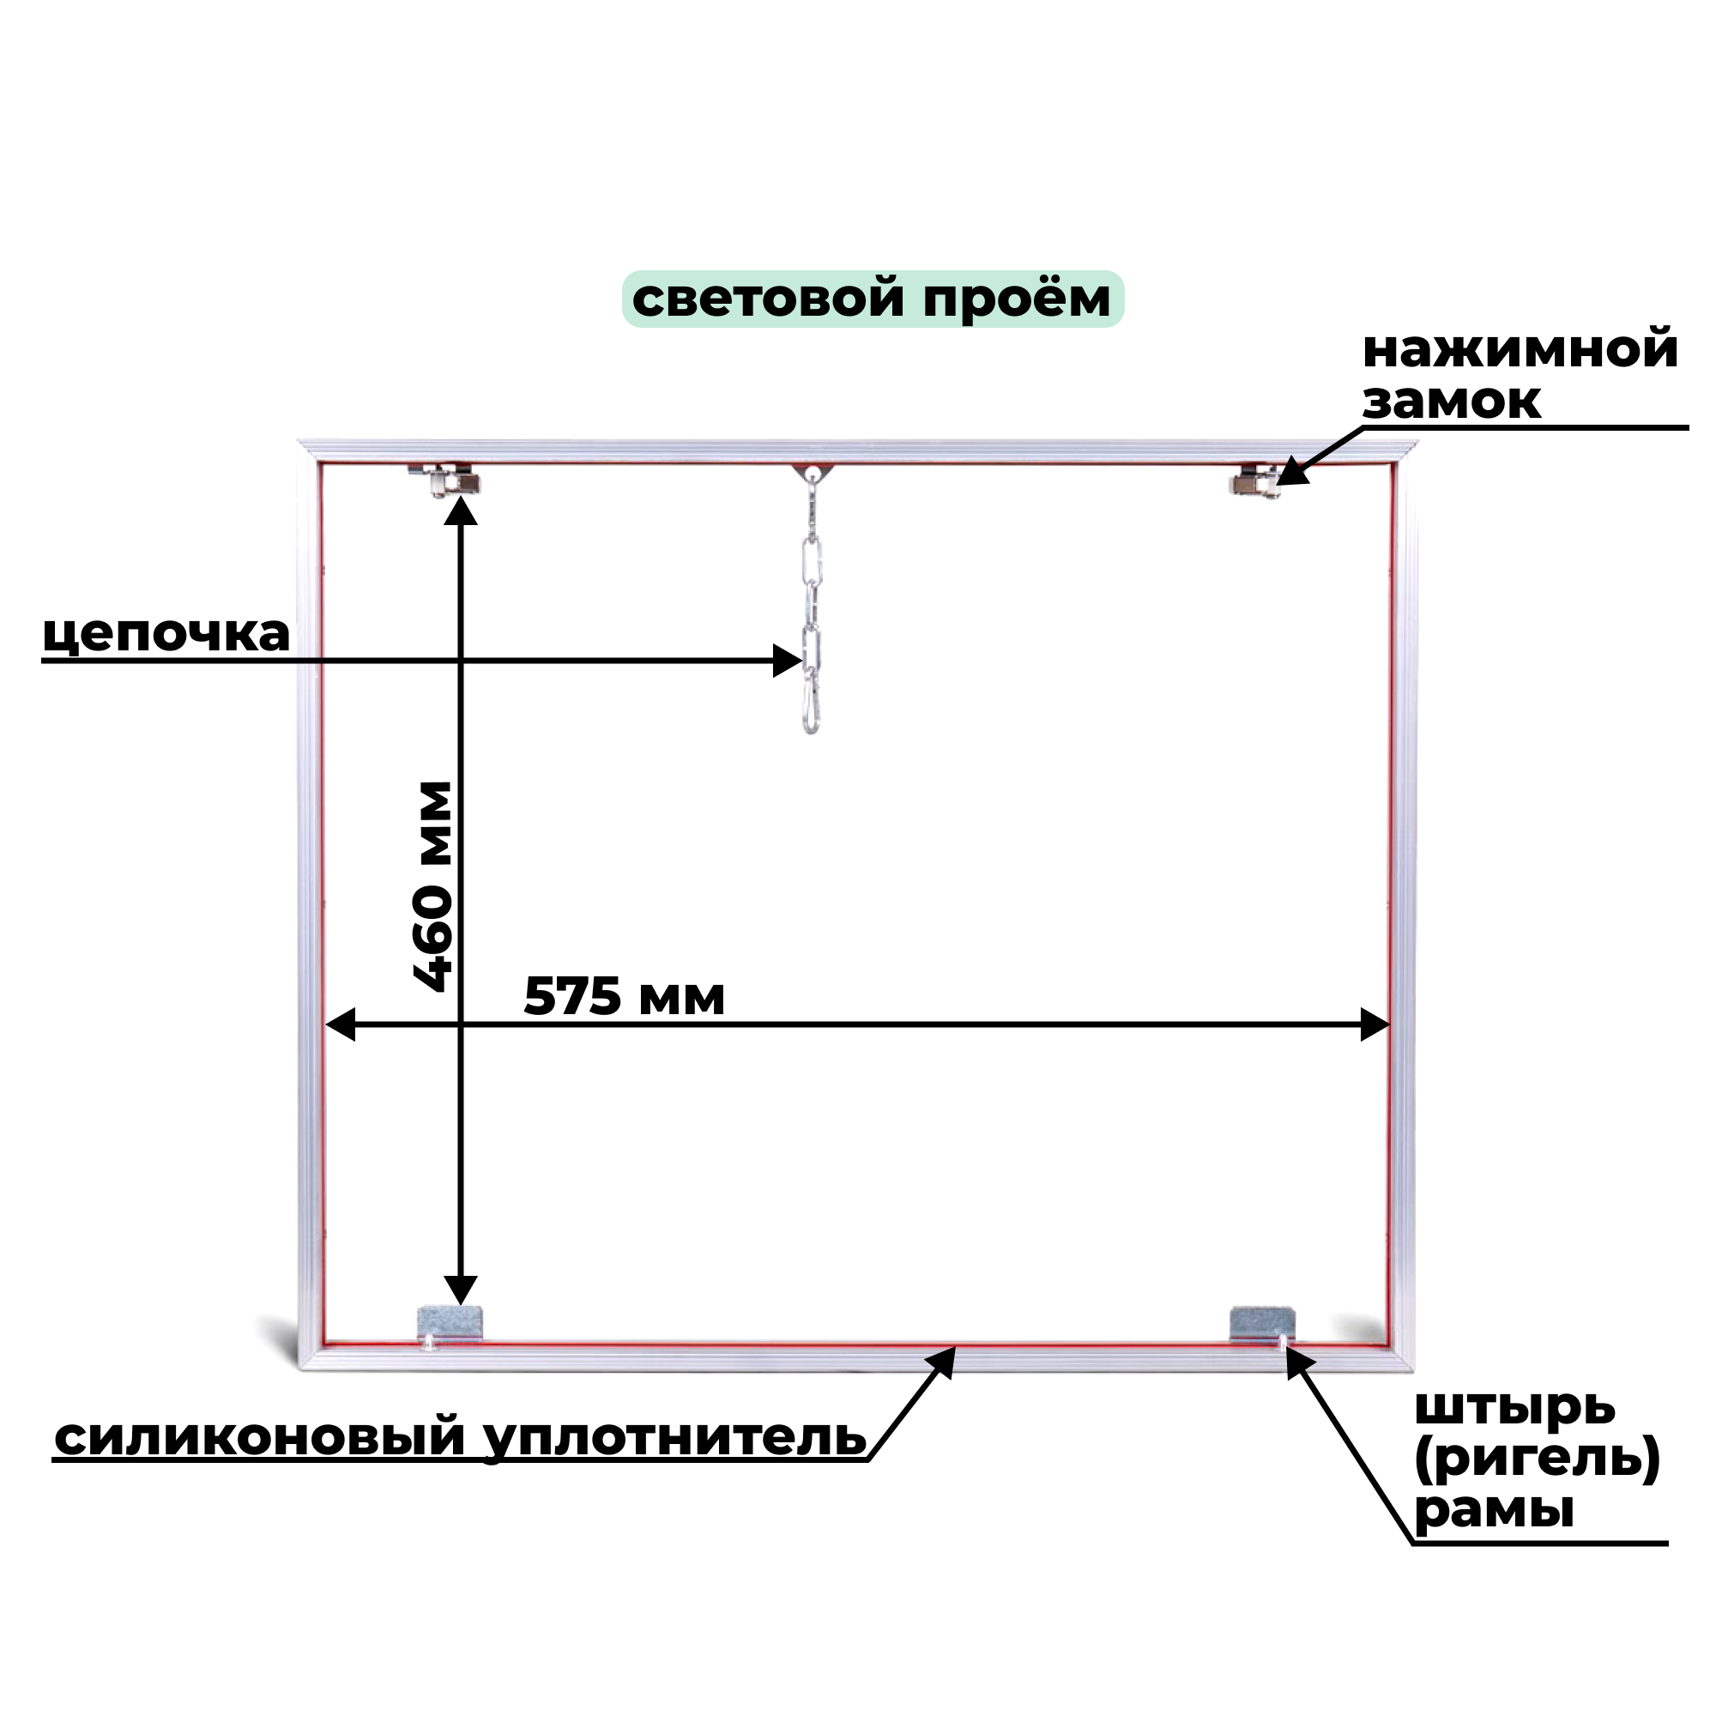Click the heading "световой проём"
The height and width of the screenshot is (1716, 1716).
pyautogui.click(x=872, y=299)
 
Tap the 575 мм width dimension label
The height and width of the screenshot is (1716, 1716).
pyautogui.click(x=624, y=996)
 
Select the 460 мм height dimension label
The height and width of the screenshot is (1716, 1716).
pyautogui.click(x=434, y=885)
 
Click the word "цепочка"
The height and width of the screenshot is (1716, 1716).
pyautogui.click(x=166, y=634)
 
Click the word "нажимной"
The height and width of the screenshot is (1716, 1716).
pyautogui.click(x=1520, y=349)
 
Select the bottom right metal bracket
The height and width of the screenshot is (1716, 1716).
pyautogui.click(x=1260, y=1324)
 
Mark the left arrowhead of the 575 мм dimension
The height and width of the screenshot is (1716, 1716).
pyautogui.click(x=339, y=1024)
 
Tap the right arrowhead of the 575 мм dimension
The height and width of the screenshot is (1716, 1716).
pyautogui.click(x=1375, y=1024)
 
